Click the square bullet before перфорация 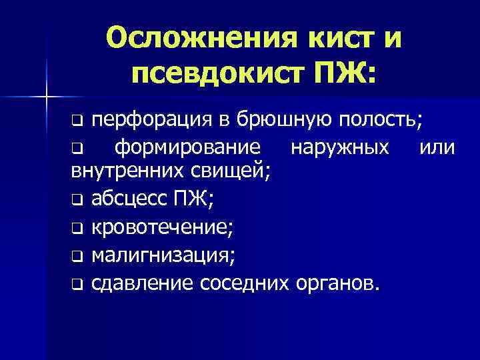pos(77,123)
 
